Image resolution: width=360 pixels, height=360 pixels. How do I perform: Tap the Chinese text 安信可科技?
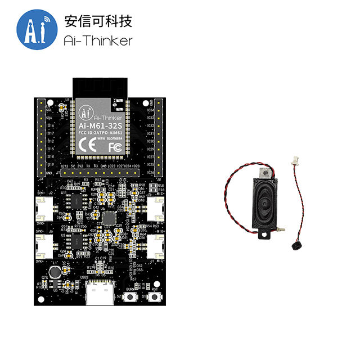pos(98,22)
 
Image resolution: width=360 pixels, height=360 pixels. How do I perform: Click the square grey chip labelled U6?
pos(110,218)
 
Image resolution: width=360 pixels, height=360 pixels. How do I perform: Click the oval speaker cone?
pos(264,204)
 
